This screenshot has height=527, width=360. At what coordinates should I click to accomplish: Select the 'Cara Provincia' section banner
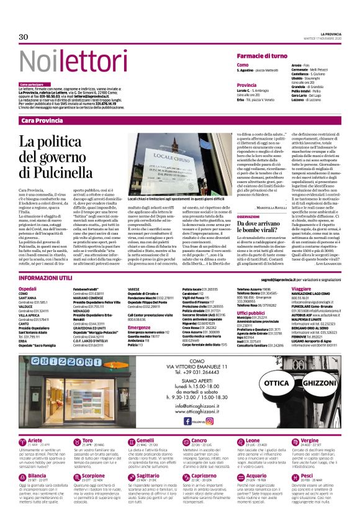[x=42, y=120]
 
